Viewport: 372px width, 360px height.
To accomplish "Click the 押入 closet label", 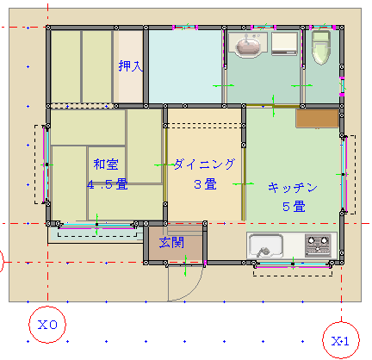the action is pyautogui.click(x=131, y=66).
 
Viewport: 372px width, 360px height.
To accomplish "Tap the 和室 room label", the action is pyautogui.click(x=106, y=164).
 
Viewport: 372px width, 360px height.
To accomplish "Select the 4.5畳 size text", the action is pyautogui.click(x=108, y=184).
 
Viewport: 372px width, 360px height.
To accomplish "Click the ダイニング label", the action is pyautogui.click(x=204, y=164).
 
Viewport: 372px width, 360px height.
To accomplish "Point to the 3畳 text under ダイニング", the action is pyautogui.click(x=205, y=184).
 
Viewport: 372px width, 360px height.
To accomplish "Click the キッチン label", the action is pyautogui.click(x=293, y=188).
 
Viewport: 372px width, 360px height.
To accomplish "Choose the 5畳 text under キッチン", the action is pyautogui.click(x=294, y=207).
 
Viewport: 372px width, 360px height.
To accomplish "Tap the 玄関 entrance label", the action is pyautogui.click(x=171, y=243).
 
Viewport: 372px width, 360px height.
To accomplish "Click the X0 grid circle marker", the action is pyautogui.click(x=47, y=325).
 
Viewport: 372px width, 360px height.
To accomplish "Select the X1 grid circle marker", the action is pyautogui.click(x=341, y=340).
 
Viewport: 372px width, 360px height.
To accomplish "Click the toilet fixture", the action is pyautogui.click(x=321, y=47).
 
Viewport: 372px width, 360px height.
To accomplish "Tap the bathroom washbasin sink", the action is pyautogui.click(x=248, y=45).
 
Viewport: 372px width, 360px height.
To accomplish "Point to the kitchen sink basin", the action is pyautogui.click(x=265, y=246).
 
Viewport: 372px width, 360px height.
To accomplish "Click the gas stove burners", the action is pyautogui.click(x=318, y=245).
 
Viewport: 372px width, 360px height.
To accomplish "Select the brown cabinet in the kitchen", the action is pyautogui.click(x=317, y=118).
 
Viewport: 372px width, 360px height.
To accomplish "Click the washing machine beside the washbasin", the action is pyautogui.click(x=284, y=43).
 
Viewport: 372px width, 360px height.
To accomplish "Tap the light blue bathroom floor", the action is pyautogui.click(x=185, y=66).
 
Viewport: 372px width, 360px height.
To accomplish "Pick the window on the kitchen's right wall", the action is pyautogui.click(x=344, y=174).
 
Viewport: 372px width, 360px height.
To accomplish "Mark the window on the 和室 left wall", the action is pyautogui.click(x=46, y=164).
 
